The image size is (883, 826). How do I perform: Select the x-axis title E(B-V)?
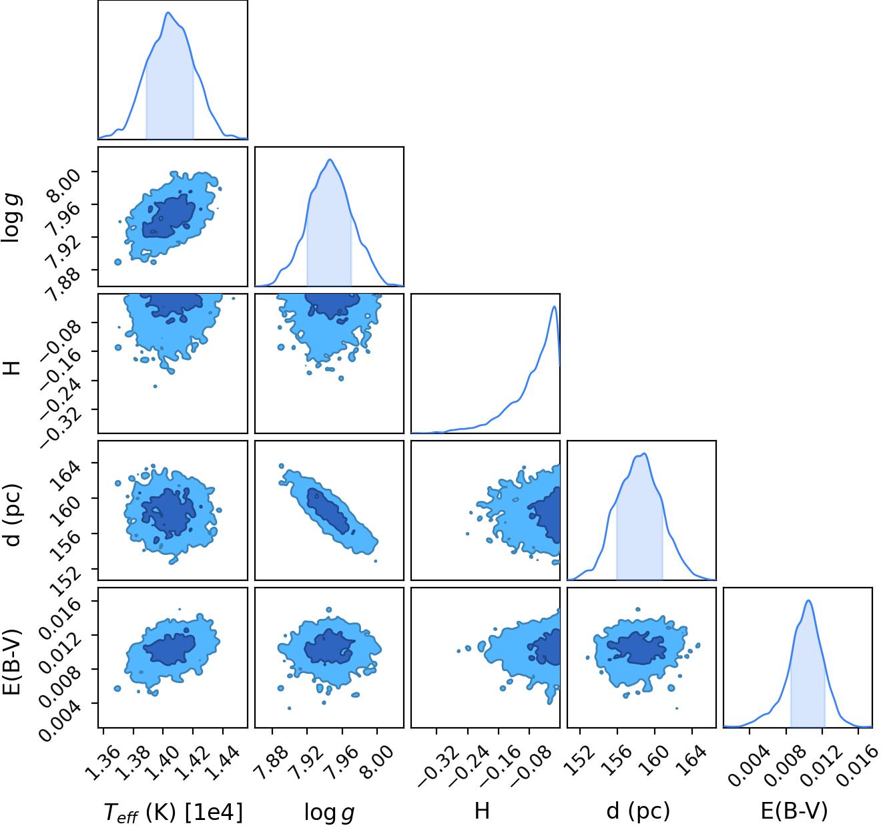pyautogui.click(x=794, y=811)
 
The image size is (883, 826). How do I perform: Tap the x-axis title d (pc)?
pyautogui.click(x=638, y=811)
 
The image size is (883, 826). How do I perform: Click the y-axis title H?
pyautogui.click(x=12, y=368)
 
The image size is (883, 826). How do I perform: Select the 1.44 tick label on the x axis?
pyautogui.click(x=222, y=757)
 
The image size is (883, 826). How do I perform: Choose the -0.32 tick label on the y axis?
pyautogui.click(x=61, y=429)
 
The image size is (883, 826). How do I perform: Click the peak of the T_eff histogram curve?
pyautogui.click(x=168, y=13)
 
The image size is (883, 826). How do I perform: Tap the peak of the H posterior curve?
pyautogui.click(x=553, y=306)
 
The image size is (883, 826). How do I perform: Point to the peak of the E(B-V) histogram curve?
pyautogui.click(x=808, y=601)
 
